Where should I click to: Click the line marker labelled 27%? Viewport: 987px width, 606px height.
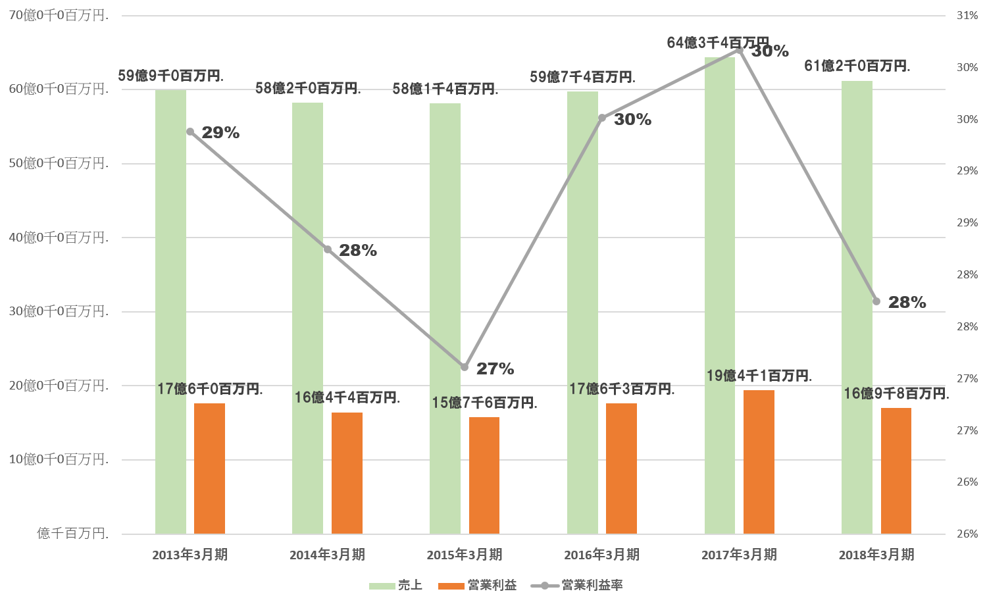465,367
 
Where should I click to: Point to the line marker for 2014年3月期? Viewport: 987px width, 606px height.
328,249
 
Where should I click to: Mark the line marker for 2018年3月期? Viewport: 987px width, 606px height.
876,301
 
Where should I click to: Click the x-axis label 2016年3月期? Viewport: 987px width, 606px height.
601,555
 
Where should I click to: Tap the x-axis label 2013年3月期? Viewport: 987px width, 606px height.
190,555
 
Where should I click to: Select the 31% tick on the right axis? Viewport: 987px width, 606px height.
967,16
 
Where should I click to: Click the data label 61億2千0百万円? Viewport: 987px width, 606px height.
857,66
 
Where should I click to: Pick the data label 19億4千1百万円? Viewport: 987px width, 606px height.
759,376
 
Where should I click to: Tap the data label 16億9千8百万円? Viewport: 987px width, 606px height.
896,393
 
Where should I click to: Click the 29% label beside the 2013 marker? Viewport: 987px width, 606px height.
220,133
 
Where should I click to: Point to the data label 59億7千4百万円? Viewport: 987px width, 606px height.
582,77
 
